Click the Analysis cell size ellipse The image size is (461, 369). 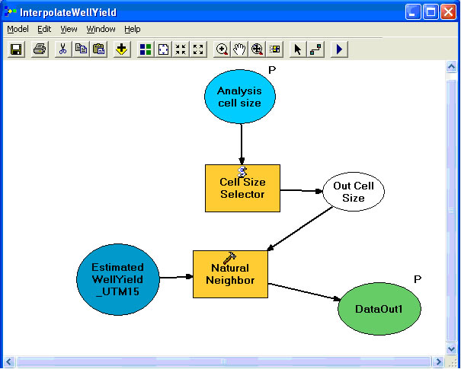239,97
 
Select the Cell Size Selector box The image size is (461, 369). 242,188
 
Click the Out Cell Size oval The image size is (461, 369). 353,192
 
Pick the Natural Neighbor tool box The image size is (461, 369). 230,274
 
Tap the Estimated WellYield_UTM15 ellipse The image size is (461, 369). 118,278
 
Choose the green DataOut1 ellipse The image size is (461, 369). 378,308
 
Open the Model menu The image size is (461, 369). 18,29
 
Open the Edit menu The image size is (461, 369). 44,29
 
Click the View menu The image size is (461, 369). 69,29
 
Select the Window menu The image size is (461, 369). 101,29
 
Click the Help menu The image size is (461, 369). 133,29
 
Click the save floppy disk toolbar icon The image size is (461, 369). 16,49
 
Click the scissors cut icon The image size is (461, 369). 62,49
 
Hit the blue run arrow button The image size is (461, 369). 340,49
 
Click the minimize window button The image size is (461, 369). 412,11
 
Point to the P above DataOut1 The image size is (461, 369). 418,279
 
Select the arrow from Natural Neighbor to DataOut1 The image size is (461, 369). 305,293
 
